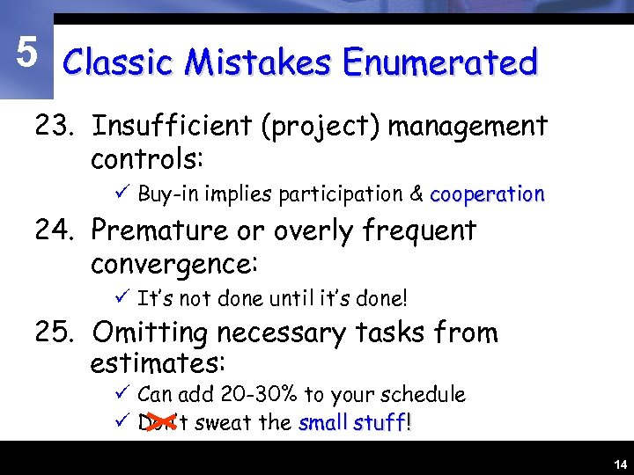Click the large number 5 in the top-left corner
click(27, 54)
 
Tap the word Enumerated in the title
click(440, 62)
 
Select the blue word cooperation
click(487, 194)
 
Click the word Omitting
click(149, 333)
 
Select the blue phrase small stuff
click(352, 423)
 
